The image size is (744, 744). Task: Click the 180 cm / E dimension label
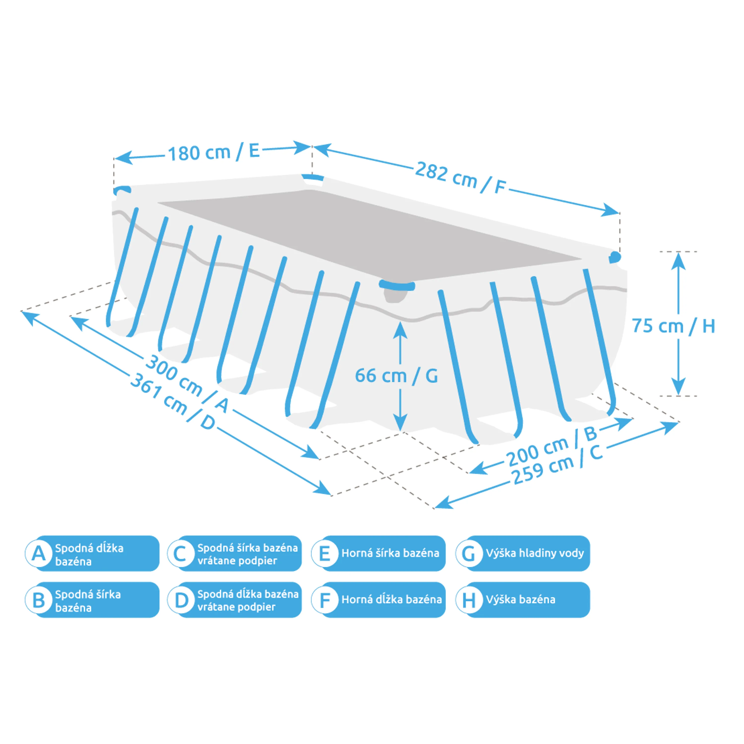click(x=214, y=152)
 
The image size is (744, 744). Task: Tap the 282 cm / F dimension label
click(x=460, y=178)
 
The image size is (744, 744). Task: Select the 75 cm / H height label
click(x=673, y=326)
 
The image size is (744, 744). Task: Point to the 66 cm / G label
click(x=396, y=376)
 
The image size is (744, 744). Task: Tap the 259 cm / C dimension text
click(x=558, y=468)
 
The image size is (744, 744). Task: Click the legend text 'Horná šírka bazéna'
click(x=390, y=553)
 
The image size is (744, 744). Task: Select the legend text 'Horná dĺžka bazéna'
click(x=391, y=600)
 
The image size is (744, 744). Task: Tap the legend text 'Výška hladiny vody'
click(x=534, y=553)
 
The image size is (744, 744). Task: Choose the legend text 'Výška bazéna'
click(x=520, y=600)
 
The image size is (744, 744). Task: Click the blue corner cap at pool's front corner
click(x=397, y=286)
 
